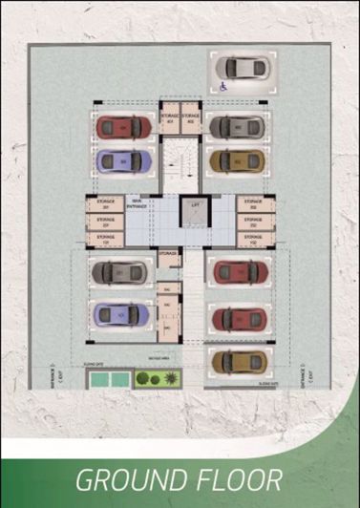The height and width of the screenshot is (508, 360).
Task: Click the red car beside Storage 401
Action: point(124,126)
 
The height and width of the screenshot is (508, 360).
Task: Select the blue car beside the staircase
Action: point(124,159)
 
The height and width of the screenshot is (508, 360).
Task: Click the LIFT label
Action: point(195,205)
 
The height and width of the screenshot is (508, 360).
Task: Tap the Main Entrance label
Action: point(138,203)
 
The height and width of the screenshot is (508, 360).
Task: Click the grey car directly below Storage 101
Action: point(121,273)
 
